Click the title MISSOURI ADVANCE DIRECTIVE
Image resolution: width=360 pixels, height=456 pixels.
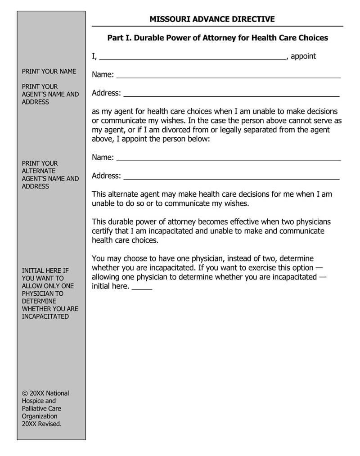click(x=212, y=19)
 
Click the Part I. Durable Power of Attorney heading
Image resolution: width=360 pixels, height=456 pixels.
click(x=217, y=38)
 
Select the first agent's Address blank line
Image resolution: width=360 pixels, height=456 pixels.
click(x=231, y=95)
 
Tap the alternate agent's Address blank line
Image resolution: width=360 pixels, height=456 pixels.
click(x=231, y=178)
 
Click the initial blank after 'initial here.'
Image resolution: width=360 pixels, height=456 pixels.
click(x=142, y=288)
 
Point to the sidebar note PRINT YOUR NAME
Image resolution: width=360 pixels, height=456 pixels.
click(x=49, y=71)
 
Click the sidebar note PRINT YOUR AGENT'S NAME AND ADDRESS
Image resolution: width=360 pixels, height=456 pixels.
click(x=50, y=94)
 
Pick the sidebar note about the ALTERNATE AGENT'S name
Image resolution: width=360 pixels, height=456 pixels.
click(x=50, y=175)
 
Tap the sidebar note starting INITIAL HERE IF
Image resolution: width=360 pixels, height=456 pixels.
click(x=50, y=293)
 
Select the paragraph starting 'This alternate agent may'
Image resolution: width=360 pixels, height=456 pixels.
click(x=211, y=199)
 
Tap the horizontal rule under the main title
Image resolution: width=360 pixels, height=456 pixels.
click(x=217, y=26)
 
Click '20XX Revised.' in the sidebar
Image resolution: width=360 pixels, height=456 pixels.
click(x=42, y=424)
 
